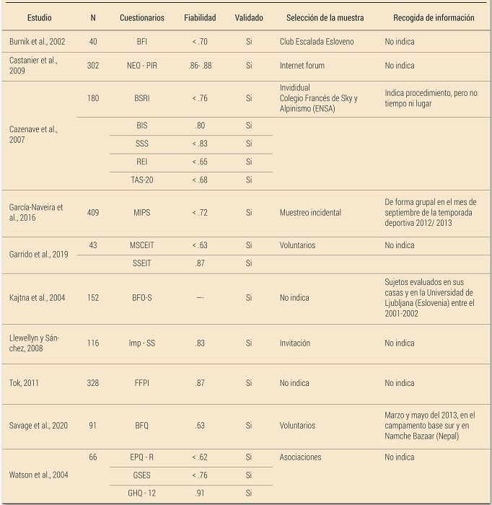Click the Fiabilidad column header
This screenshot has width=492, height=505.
click(x=200, y=17)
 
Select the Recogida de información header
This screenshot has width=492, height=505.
click(x=434, y=17)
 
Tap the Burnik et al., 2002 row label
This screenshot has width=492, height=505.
click(x=36, y=42)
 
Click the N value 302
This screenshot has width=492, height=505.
click(x=93, y=66)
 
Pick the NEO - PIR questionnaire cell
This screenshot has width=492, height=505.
click(x=141, y=66)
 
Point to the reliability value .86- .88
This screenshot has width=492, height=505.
click(x=200, y=66)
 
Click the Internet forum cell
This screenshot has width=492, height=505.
click(x=302, y=66)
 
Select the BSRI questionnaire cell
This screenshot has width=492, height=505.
click(x=141, y=98)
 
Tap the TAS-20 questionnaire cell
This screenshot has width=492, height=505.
click(x=141, y=180)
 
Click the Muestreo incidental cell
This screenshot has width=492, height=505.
click(x=310, y=213)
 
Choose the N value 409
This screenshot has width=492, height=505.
click(x=93, y=213)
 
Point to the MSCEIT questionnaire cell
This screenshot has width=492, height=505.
click(x=141, y=245)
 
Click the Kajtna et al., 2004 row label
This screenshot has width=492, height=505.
click(x=37, y=297)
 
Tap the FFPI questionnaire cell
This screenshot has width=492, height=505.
click(x=141, y=383)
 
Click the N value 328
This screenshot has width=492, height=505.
click(x=93, y=383)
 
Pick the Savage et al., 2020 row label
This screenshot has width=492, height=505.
click(x=39, y=426)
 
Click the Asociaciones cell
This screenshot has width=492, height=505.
click(x=300, y=457)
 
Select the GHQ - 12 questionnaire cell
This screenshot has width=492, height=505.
click(x=141, y=493)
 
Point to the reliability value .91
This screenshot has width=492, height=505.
click(x=200, y=493)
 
